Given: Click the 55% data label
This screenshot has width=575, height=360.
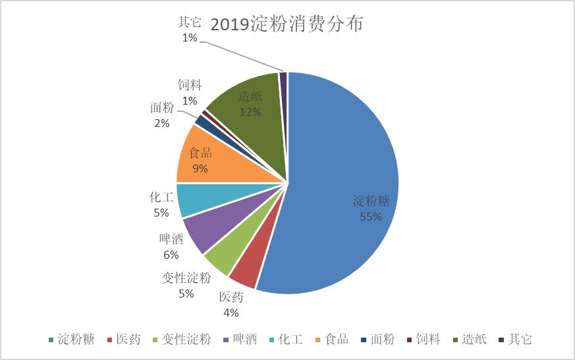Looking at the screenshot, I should [x=370, y=217].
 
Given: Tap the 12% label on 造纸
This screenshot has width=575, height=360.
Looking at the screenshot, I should [x=250, y=112].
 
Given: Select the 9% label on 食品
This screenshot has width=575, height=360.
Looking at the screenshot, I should [x=200, y=168].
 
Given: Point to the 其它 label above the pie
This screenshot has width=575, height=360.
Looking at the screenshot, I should [x=190, y=22].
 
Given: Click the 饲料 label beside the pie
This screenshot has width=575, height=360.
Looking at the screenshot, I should [x=190, y=85].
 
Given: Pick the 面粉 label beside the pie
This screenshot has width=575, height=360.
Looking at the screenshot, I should [x=162, y=107].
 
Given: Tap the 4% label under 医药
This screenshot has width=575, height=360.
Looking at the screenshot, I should [x=231, y=313].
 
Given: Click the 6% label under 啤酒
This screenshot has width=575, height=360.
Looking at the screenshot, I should [x=171, y=255].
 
